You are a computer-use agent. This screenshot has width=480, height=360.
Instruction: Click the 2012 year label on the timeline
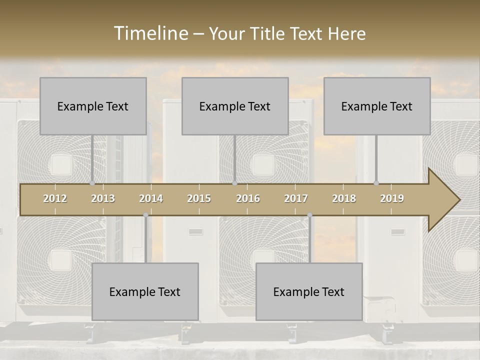(55, 198)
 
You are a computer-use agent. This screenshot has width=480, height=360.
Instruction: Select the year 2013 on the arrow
(103, 198)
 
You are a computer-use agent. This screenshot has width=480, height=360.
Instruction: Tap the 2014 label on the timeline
(151, 198)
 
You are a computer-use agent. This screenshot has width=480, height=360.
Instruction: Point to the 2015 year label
(199, 198)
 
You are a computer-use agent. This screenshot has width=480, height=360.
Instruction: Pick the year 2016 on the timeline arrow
(248, 198)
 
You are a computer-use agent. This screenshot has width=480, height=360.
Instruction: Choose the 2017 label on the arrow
(296, 198)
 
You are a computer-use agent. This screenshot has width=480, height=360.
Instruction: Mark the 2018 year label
(344, 198)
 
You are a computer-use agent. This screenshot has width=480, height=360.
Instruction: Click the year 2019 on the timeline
(392, 198)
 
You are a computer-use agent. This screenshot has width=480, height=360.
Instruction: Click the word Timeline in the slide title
(150, 33)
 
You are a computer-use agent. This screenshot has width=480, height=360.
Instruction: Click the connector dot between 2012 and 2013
(92, 183)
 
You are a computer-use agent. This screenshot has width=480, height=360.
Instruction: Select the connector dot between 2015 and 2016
(234, 183)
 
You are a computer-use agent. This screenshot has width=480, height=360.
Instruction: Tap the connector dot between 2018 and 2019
(376, 183)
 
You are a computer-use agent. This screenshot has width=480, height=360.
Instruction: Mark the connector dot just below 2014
(145, 215)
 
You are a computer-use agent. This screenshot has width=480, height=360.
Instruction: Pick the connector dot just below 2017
(309, 215)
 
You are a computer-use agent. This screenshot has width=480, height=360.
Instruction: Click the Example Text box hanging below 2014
(145, 291)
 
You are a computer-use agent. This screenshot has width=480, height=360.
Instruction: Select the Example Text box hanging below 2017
(309, 291)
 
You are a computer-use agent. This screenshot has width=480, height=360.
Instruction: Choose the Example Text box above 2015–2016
(235, 106)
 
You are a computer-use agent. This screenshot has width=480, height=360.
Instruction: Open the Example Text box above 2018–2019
(377, 106)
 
